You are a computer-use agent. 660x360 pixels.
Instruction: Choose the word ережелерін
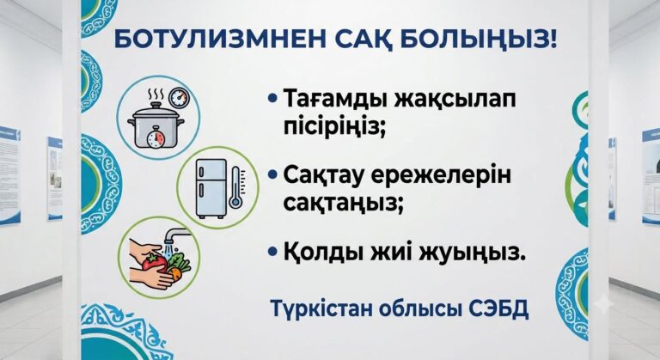(441, 175)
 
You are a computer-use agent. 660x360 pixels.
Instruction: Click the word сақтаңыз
(341, 203)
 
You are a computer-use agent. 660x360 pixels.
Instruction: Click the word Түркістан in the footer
(321, 309)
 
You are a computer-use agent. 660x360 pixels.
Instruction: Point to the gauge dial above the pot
(179, 98)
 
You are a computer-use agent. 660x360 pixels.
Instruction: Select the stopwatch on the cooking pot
(156, 137)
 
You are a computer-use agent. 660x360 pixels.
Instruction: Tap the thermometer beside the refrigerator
(235, 188)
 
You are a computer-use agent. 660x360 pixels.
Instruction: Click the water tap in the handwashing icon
(176, 235)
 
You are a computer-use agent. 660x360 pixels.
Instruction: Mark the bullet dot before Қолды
(272, 253)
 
